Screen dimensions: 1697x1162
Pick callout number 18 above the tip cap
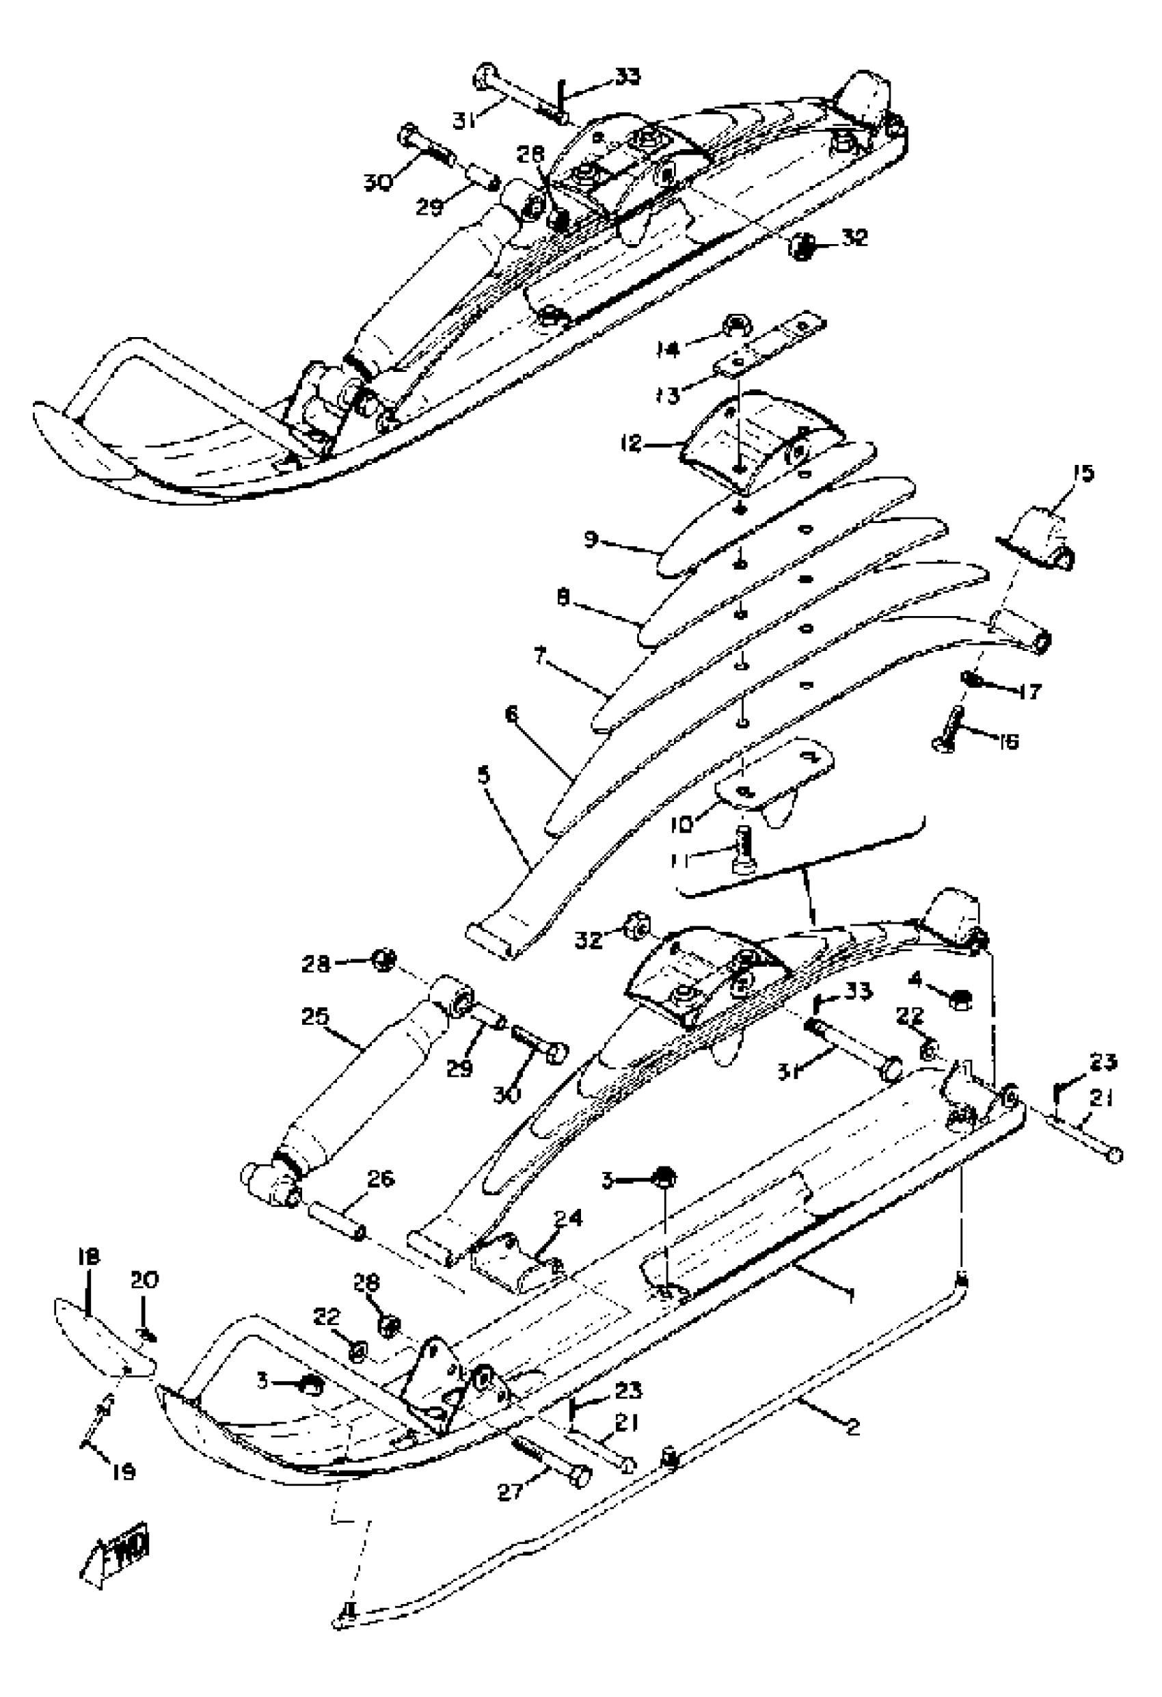click(x=87, y=1257)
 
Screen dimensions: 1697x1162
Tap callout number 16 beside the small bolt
click(x=1008, y=742)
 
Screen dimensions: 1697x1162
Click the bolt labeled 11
click(x=744, y=848)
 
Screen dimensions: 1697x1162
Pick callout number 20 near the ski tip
click(x=144, y=1280)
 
